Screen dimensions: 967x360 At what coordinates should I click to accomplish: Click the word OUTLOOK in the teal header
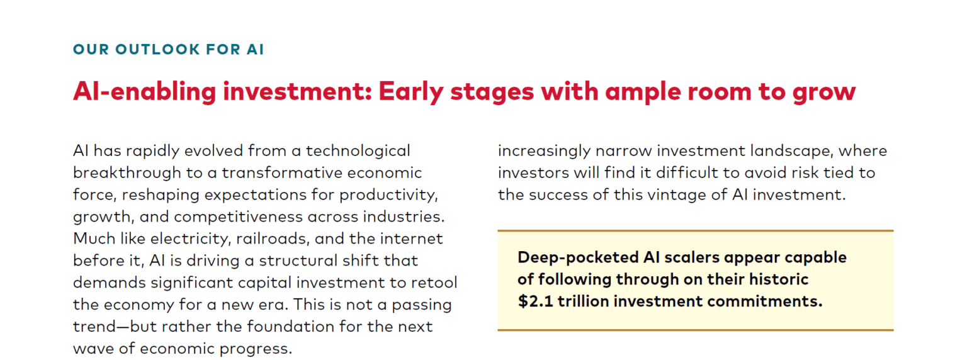pos(157,49)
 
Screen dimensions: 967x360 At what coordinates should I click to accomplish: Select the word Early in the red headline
pos(411,92)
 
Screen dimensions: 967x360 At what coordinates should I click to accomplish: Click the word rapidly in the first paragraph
pos(152,152)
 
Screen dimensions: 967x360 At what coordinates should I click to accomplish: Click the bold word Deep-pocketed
pos(578,258)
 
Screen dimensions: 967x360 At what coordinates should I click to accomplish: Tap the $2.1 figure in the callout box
pos(535,301)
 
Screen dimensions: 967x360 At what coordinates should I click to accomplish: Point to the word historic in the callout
pos(779,279)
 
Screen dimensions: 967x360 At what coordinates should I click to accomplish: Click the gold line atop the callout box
pos(696,231)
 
